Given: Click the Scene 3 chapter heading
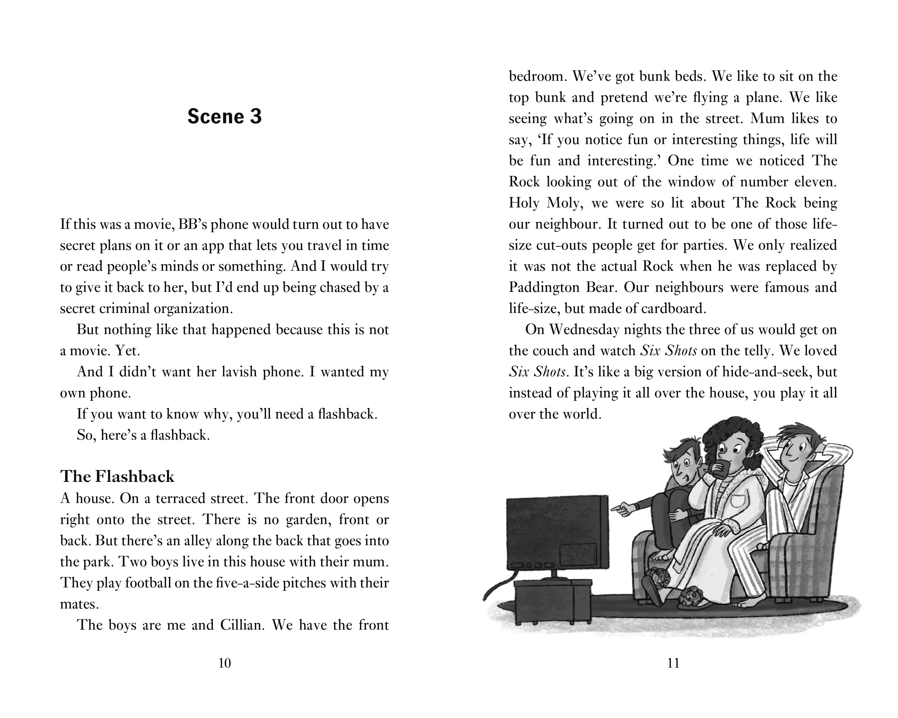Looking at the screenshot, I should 224,117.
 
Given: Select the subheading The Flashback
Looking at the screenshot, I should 117,477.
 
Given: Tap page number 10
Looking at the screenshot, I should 224,663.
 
